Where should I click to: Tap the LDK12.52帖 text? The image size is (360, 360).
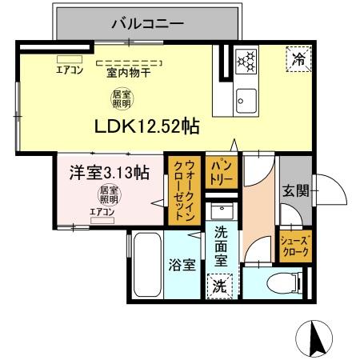point(147,126)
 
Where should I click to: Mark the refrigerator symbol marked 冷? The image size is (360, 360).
point(297,58)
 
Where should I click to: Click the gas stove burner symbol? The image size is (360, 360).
point(246,59)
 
